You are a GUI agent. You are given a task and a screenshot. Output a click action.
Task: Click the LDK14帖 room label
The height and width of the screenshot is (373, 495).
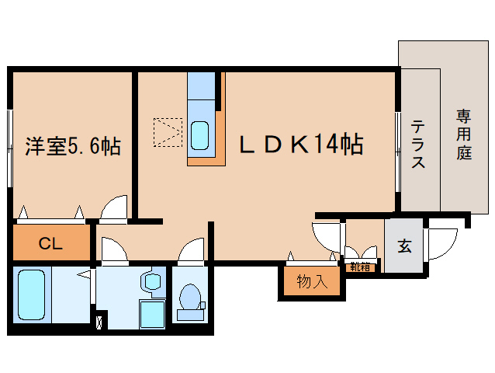[301, 145]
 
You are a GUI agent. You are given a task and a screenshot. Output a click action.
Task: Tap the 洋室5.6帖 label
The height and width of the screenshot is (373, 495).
[73, 145]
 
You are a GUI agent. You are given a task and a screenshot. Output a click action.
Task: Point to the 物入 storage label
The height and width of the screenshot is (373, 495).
[311, 282]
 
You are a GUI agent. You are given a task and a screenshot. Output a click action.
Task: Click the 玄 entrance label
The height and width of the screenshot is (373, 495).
[404, 246]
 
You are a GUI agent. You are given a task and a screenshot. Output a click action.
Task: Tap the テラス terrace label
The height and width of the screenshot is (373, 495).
[418, 144]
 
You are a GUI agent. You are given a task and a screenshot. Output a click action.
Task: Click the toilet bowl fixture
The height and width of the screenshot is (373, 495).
[188, 300]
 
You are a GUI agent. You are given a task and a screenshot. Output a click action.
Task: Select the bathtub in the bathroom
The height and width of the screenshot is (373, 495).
[33, 295]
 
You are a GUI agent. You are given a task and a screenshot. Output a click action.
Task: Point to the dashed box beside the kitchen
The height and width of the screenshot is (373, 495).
[168, 132]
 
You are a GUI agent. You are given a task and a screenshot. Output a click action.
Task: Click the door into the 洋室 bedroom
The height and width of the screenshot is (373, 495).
[115, 207]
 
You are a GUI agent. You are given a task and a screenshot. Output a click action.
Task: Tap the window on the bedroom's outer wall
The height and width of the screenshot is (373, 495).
[10, 148]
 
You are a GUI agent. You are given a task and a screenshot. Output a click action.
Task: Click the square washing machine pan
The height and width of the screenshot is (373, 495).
[151, 313]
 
